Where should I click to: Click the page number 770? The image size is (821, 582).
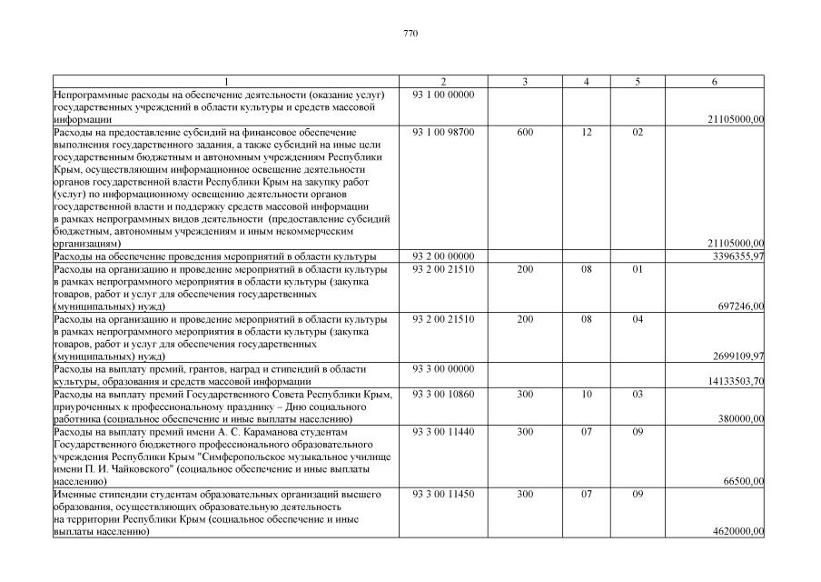(410, 34)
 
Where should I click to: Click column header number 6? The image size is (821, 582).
(715, 82)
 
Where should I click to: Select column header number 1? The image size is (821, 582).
(226, 82)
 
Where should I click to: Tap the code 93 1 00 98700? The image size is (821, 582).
(443, 132)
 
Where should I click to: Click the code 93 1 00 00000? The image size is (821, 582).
(443, 95)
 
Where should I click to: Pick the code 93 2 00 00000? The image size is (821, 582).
(443, 256)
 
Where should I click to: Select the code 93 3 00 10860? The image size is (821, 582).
(443, 395)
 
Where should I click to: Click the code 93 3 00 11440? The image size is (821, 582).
(443, 432)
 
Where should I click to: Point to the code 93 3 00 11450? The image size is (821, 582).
(443, 494)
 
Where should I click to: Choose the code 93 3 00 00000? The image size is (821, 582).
(443, 369)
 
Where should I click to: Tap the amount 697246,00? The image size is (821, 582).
(740, 306)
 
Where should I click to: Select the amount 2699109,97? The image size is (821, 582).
(735, 356)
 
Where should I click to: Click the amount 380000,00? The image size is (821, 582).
(740, 419)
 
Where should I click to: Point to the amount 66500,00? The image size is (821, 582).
(743, 481)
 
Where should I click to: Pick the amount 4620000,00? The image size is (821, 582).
(737, 531)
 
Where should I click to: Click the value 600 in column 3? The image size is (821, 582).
(525, 132)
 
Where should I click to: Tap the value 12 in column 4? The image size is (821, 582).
(587, 132)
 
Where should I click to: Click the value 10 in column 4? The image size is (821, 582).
(587, 395)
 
